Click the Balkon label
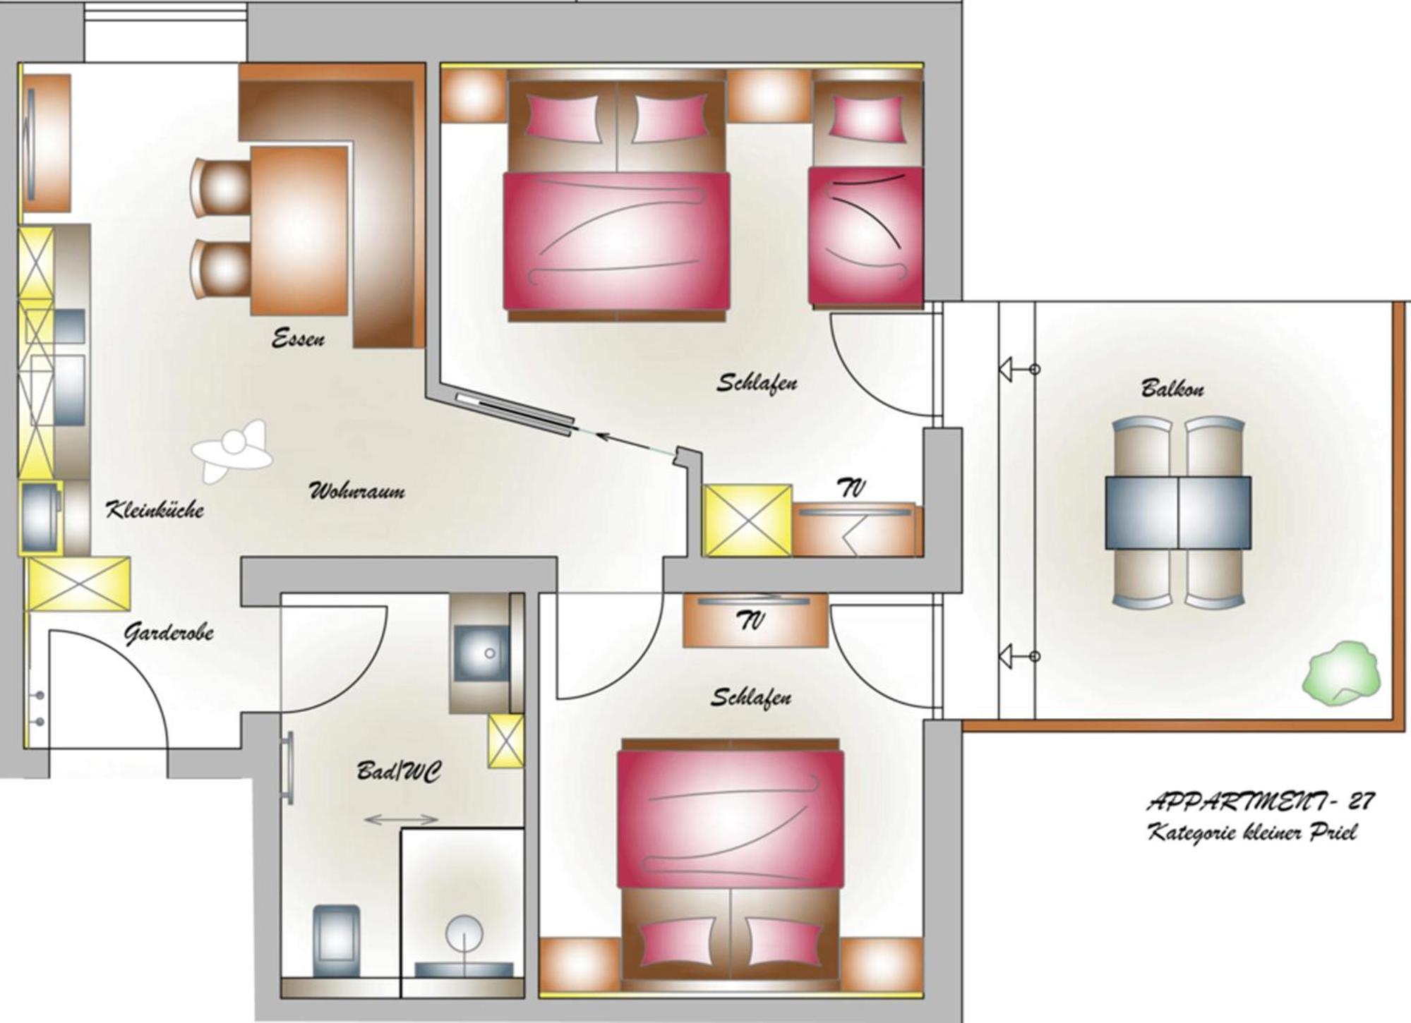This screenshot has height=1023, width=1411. [x=1172, y=388]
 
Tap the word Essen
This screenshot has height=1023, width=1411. [x=299, y=338]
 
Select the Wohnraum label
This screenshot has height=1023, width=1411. [x=357, y=490]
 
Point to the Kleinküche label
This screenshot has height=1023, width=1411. [x=155, y=509]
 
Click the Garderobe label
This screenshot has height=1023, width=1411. [x=169, y=633]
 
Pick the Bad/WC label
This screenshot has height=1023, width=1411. [x=400, y=770]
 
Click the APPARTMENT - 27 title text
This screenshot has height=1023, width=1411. [x=1261, y=801]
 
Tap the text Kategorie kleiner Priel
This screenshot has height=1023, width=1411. [x=1252, y=833]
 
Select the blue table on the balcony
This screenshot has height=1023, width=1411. [x=1177, y=513]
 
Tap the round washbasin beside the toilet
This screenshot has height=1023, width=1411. [x=464, y=934]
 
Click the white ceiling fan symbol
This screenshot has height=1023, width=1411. [x=232, y=451]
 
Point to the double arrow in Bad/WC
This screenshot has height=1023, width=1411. [x=401, y=820]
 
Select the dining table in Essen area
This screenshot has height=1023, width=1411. [x=299, y=230]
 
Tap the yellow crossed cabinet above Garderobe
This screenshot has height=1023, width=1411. [x=78, y=583]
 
